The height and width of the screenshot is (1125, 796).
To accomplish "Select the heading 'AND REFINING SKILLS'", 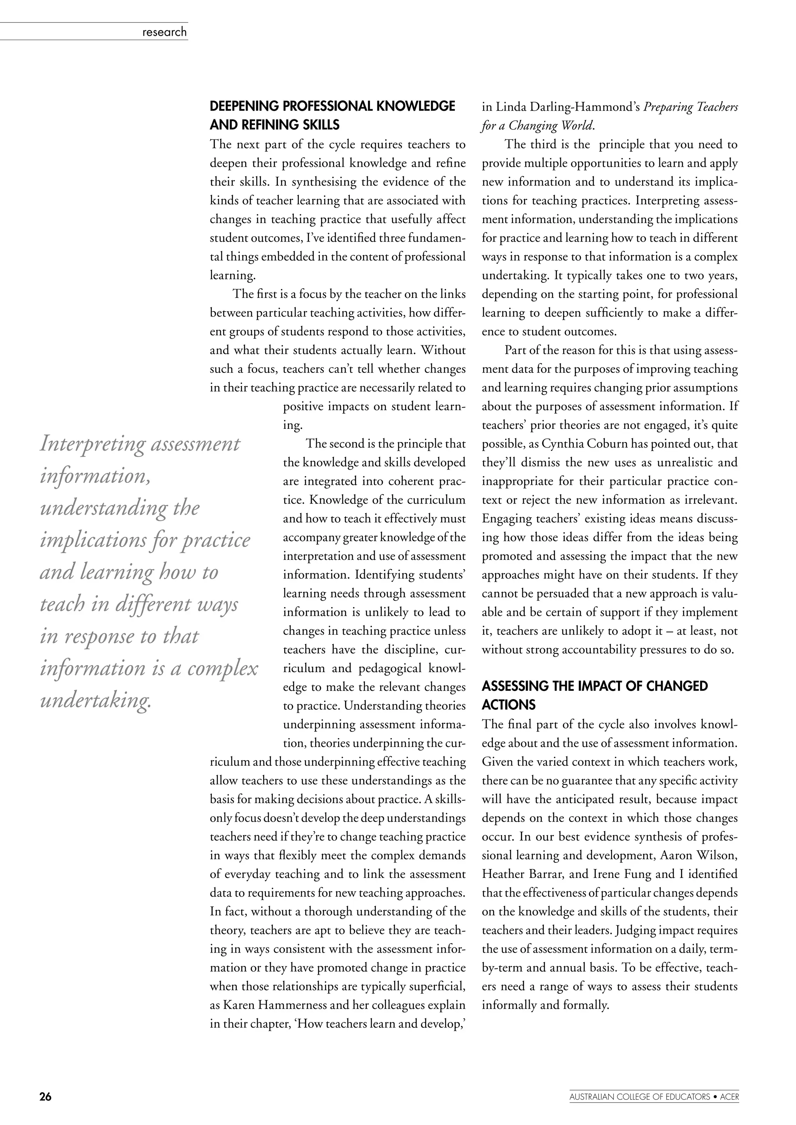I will tap(274, 125).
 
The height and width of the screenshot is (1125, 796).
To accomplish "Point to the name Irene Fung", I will tap(623, 874).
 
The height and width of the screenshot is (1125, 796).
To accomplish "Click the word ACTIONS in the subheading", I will tap(509, 705).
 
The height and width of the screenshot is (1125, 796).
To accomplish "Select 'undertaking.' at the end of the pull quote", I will tap(96, 701).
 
